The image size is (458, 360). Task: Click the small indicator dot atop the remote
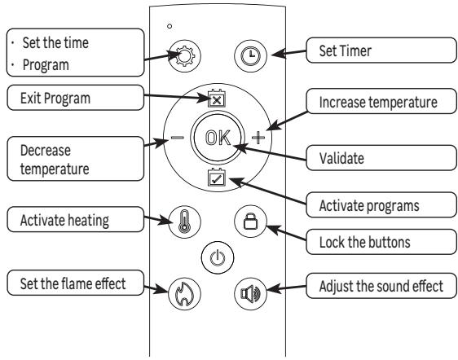(x=169, y=26)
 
